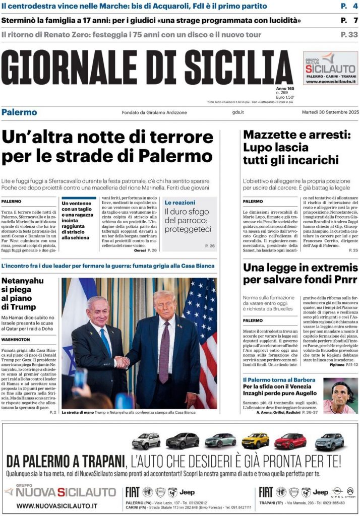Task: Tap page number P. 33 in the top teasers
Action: (349, 35)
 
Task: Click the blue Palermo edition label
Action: (19, 112)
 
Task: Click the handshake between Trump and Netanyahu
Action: (122, 362)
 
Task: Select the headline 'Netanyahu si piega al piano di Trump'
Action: (23, 293)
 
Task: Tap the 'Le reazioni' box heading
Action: (180, 202)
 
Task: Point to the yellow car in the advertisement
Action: (255, 441)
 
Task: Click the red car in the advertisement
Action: (290, 441)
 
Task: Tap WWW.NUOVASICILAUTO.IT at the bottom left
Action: (57, 505)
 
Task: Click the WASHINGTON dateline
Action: (16, 339)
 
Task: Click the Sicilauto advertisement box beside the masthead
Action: (330, 69)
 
